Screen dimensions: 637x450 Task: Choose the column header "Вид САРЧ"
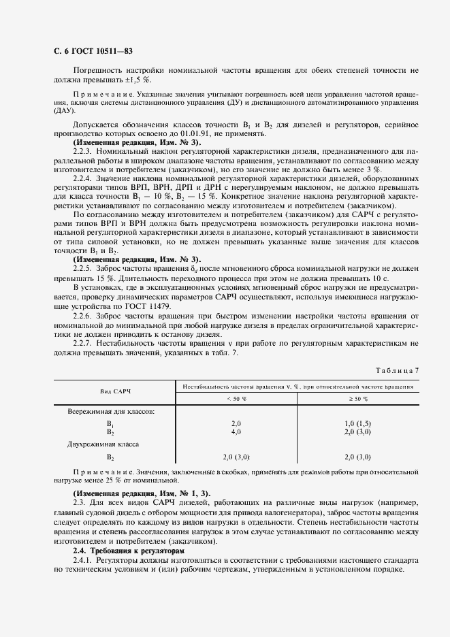(116, 392)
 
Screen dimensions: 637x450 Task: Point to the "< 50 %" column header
(236, 398)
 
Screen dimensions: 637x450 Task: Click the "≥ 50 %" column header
(357, 398)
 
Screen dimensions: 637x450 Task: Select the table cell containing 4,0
(236, 431)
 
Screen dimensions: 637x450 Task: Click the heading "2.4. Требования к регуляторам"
(129, 549)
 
